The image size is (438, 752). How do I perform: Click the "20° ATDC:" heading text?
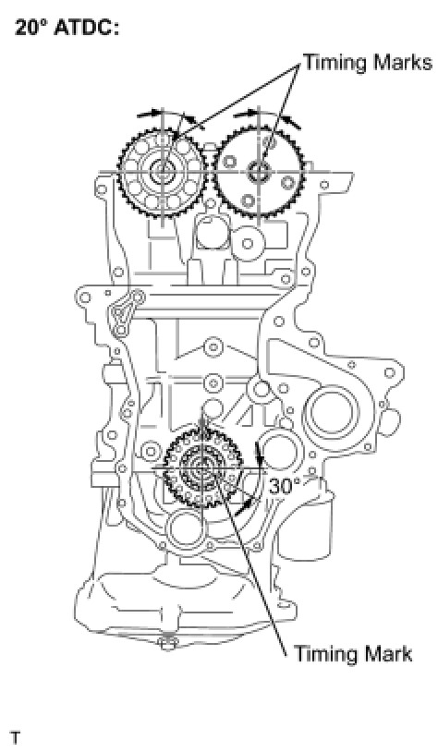click(67, 28)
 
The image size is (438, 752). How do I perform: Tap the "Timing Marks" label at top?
click(368, 63)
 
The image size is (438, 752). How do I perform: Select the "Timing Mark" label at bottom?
click(353, 654)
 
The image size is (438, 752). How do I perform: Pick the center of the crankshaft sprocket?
click(202, 467)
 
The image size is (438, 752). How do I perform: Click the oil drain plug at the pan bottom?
click(168, 642)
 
